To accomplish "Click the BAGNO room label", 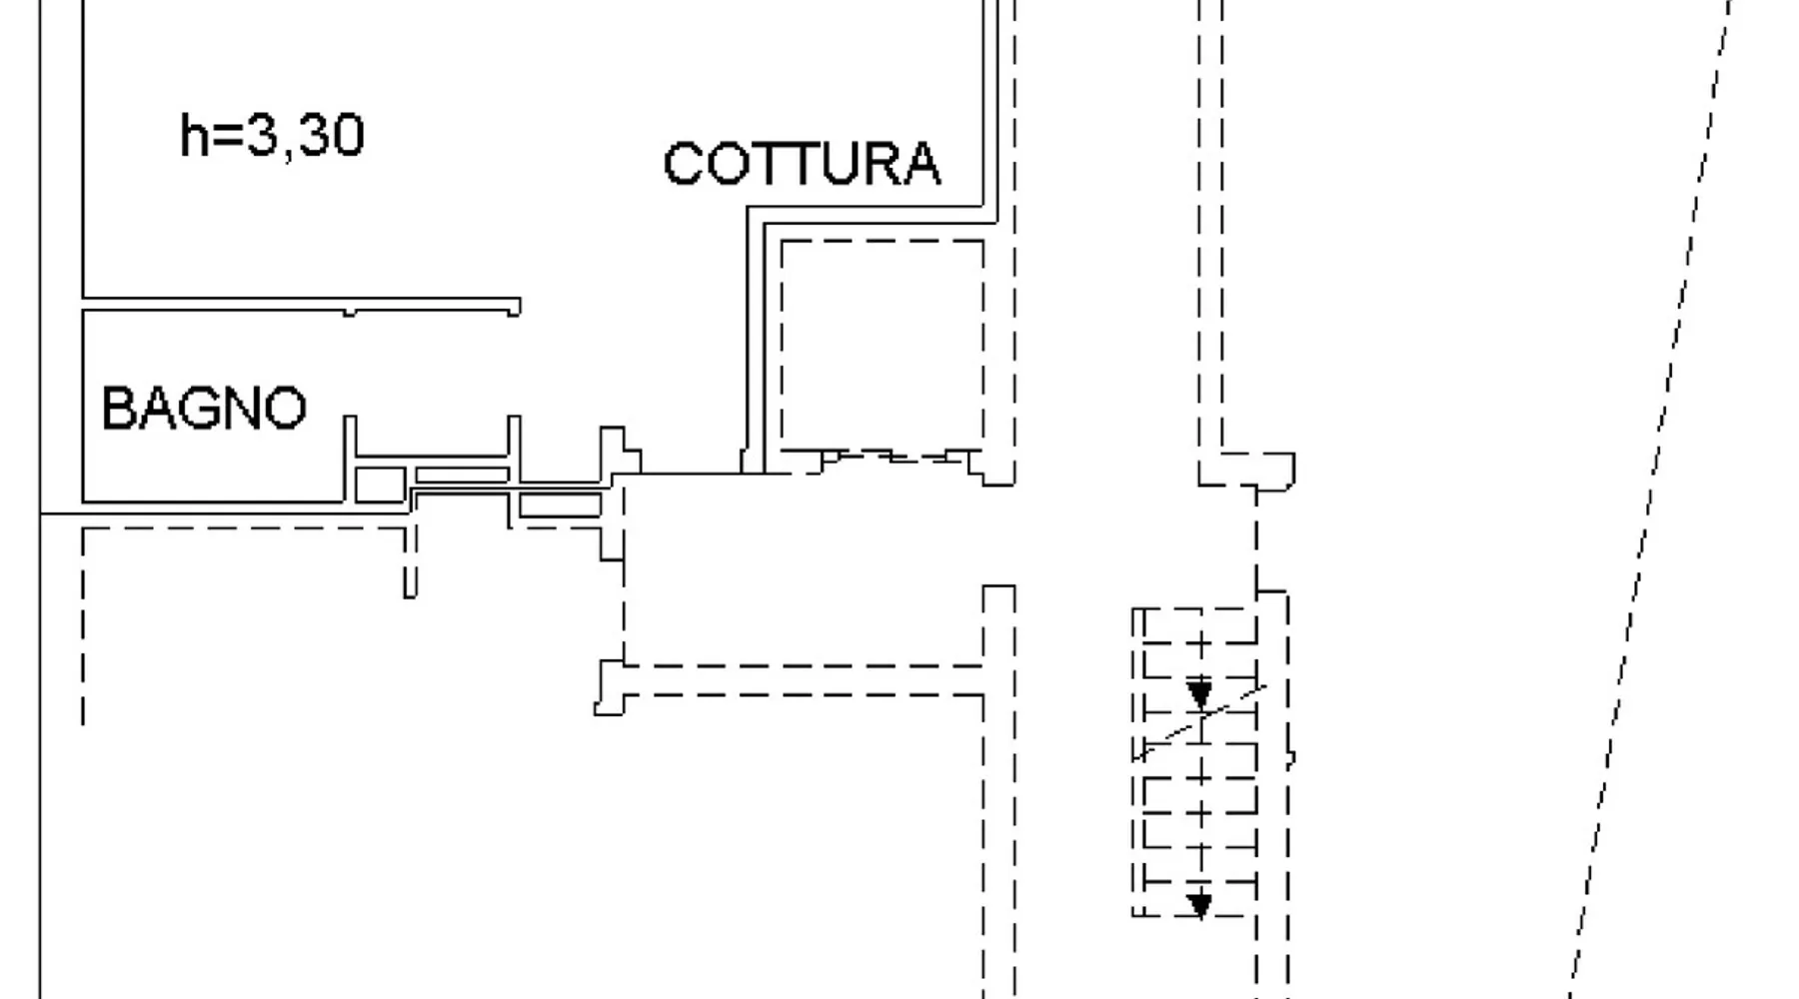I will pos(204,409).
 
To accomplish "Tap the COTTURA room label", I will pos(802,164).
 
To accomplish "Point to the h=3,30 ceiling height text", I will pos(272,135).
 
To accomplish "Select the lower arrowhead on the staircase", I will pos(1199,905).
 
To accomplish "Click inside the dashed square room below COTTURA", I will pos(882,345).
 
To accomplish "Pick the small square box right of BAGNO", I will pos(380,485).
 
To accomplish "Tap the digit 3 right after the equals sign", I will pos(261,135).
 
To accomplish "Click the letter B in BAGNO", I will pos(117,409).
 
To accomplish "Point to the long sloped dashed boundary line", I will pos(1649,499).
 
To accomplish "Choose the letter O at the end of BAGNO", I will pos(286,409).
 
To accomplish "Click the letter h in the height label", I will pos(193,135).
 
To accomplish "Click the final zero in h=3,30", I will pos(346,135).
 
